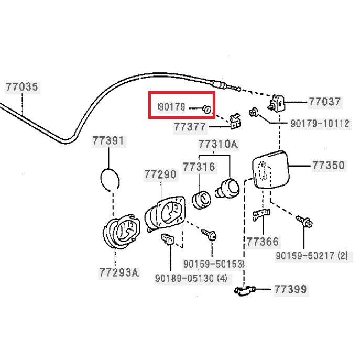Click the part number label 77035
[x=23, y=87]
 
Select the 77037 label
[x=324, y=102]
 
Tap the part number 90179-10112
[x=320, y=124]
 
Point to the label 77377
[x=190, y=127]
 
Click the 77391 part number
[x=108, y=141]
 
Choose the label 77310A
[x=217, y=144]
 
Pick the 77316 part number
[x=199, y=166]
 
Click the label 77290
[x=160, y=174]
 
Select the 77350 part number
[x=329, y=166]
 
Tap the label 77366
[x=263, y=242]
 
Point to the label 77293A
[x=118, y=272]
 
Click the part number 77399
[x=291, y=289]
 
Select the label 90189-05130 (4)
[x=191, y=278]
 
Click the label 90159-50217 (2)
[x=312, y=256]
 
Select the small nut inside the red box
[x=207, y=109]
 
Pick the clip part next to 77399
[x=244, y=290]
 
